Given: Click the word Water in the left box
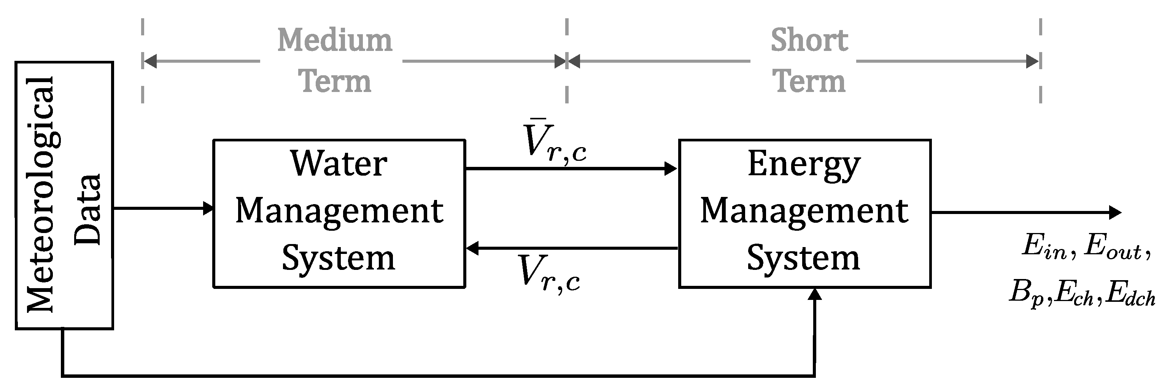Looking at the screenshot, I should pos(338,163).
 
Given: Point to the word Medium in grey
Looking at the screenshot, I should pos(334,40).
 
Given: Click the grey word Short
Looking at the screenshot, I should pos(809,40).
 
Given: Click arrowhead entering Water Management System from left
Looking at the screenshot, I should pos(208,208).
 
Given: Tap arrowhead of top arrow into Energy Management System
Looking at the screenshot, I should pos(671,169).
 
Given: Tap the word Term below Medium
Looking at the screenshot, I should pos(334,82).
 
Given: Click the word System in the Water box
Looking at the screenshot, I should pos(338,258).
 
